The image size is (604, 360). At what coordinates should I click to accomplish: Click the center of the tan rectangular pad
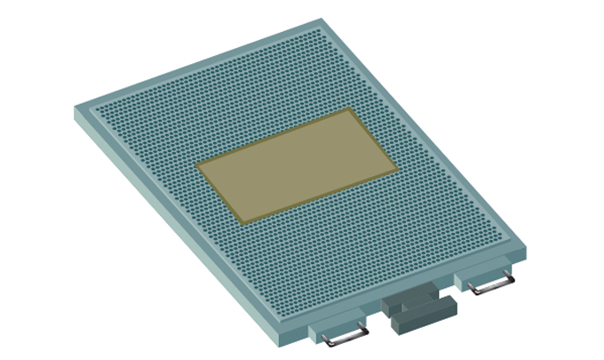pos(297,166)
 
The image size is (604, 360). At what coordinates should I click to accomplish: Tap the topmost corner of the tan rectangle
pos(349,110)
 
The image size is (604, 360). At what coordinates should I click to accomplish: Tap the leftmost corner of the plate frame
pos(75,110)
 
